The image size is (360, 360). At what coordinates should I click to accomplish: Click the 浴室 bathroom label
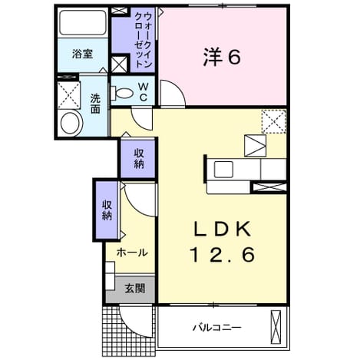[x=82, y=54]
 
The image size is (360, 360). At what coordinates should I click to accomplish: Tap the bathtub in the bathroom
[x=83, y=22]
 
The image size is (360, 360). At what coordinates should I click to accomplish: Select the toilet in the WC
[x=122, y=93]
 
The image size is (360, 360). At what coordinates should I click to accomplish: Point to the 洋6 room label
[x=222, y=58]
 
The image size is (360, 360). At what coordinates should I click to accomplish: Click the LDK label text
[x=222, y=229]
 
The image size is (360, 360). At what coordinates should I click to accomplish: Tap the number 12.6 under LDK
[x=222, y=255]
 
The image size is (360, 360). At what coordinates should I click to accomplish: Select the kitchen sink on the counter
[x=223, y=170]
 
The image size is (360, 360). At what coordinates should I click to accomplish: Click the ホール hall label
[x=132, y=253]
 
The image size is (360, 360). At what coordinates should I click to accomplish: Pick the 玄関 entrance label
[x=135, y=289]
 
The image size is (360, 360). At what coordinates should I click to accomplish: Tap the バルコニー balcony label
[x=216, y=328]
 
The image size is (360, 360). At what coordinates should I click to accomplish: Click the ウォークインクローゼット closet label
[x=144, y=40]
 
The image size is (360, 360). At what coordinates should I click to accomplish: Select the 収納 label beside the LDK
[x=139, y=159]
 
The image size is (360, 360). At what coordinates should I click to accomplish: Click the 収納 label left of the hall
[x=107, y=210]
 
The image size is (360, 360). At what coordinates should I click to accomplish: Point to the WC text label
[x=144, y=92]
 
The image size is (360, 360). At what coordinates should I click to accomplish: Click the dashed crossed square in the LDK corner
[x=273, y=121]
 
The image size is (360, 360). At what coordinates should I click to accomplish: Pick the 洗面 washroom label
[x=95, y=104]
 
